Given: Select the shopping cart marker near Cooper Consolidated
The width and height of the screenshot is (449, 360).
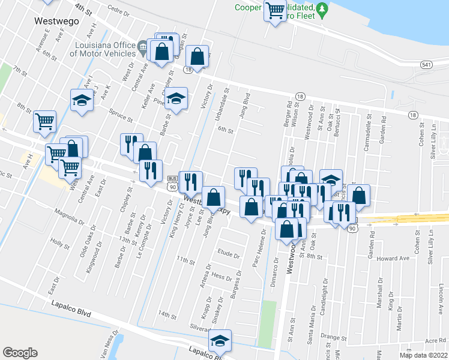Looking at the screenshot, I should pos(275,10).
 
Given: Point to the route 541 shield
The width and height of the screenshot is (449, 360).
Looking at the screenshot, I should pos(427,64).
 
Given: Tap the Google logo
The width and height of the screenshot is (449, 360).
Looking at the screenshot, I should pos(20,353).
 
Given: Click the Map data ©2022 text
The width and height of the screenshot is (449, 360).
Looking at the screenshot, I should pos(423,355).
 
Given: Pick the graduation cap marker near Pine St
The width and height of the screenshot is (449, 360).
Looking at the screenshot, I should pos(176,99).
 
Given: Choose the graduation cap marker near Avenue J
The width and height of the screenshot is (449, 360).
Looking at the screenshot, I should pos(81,100).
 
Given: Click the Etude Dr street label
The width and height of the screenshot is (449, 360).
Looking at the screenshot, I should pos(229,253).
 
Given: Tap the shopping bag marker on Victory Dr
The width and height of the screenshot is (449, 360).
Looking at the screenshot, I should pos(197,57).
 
